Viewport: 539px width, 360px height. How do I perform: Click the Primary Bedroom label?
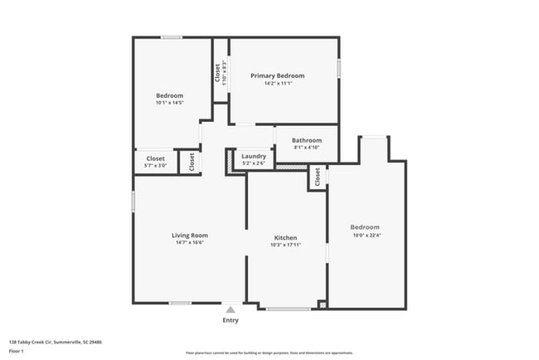pos(277,75)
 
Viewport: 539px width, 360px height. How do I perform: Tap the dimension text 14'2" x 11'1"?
pos(277,84)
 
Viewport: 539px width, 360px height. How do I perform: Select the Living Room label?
pos(189,235)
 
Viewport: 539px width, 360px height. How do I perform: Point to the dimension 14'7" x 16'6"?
pos(189,243)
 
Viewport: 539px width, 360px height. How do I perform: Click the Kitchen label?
pos(285,237)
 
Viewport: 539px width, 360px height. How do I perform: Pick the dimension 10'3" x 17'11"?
pos(285,246)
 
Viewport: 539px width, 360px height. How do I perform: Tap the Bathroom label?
pos(306,140)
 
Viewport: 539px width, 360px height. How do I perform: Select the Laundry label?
pos(254,156)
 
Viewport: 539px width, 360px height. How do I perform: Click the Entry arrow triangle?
pos(231,309)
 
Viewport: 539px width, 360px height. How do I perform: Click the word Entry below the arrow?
pos(231,320)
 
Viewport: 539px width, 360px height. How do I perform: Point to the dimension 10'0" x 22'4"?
pos(365,235)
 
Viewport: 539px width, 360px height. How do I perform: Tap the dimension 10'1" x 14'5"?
pos(169,103)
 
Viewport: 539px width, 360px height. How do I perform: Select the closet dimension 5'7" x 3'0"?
pos(156,166)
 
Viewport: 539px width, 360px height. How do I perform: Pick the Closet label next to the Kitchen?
pos(317,178)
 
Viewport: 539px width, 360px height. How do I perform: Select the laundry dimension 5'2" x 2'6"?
pos(254,163)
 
